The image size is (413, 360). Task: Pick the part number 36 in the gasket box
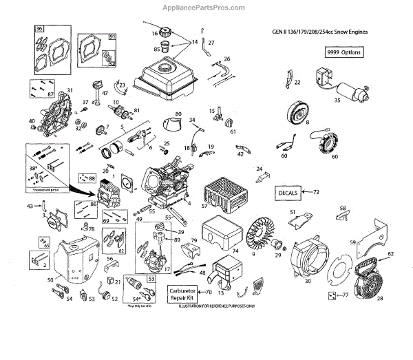coord(39,29)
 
